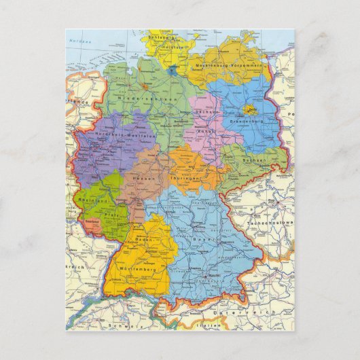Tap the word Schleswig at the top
pos(160,38)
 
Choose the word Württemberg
pos(137,270)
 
